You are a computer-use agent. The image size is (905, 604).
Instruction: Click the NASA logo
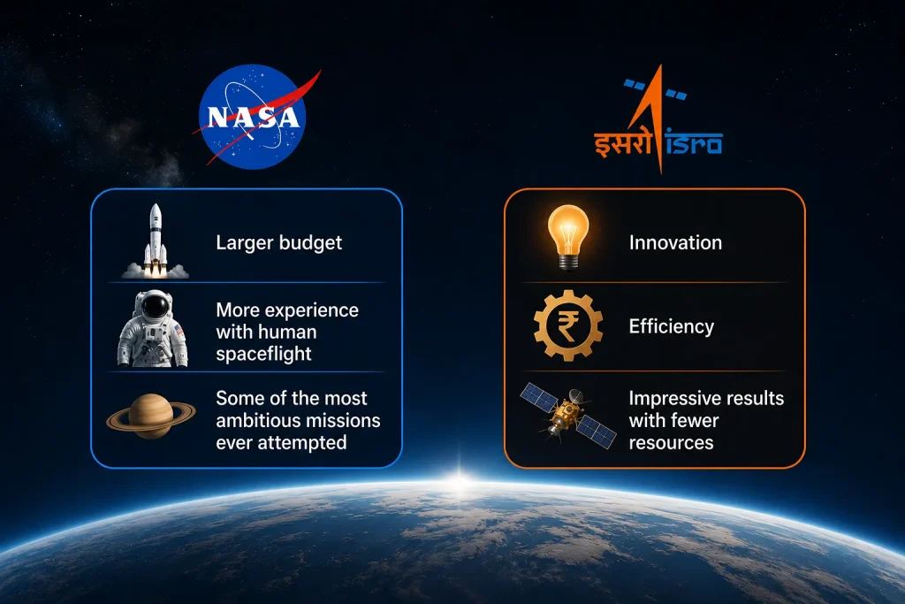pos(253,117)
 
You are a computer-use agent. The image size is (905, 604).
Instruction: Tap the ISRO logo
pos(658,119)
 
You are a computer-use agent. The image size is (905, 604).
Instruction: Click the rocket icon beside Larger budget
pos(156,241)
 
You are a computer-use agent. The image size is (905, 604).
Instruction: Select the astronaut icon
pos(153,329)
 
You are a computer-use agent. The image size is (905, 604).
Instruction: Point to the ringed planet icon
pos(150,416)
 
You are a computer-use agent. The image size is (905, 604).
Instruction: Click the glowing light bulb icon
pos(568,237)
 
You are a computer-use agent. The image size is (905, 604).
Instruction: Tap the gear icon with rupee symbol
pos(568,325)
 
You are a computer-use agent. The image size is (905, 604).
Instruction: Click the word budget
pos(310,243)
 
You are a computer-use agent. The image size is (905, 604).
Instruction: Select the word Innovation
pos(675,242)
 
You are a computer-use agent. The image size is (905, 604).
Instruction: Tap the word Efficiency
pos(672,327)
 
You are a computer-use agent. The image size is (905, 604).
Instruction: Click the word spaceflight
pos(263,354)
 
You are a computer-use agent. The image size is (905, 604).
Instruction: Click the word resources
pos(672,443)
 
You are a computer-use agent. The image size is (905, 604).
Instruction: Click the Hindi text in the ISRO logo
pos(622,144)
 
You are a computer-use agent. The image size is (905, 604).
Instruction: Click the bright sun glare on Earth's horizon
pos(460,480)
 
